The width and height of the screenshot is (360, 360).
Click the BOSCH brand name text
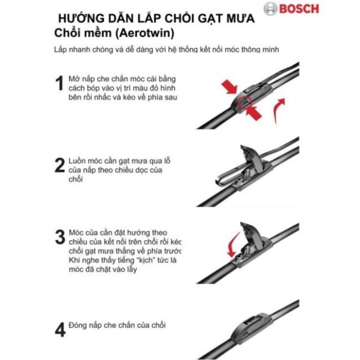pos(297,10)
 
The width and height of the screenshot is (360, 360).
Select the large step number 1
pos(61,84)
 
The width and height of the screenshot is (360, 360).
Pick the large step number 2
pos(60,166)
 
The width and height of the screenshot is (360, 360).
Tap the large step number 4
pos(60,329)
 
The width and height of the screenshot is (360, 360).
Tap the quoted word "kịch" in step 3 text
pos(141,261)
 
